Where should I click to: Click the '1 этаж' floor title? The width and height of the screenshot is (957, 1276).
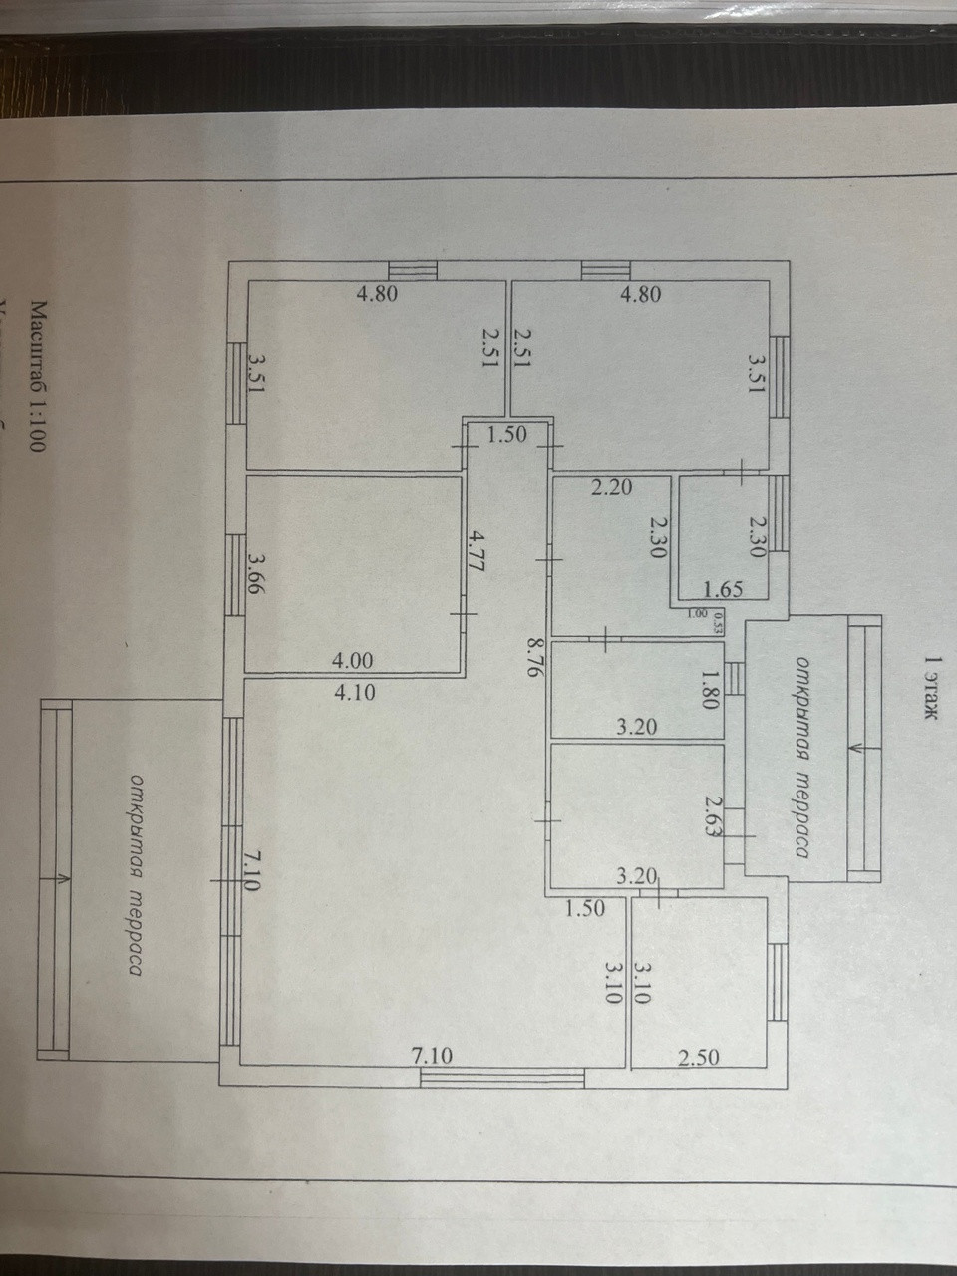(x=932, y=687)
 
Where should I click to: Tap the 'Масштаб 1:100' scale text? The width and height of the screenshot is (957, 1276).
(x=38, y=378)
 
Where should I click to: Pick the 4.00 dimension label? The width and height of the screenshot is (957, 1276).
(x=355, y=660)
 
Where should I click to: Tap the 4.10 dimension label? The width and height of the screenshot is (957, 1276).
(x=355, y=691)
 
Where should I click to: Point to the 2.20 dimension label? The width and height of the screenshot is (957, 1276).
(x=611, y=487)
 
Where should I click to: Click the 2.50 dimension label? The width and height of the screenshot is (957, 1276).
(x=698, y=1057)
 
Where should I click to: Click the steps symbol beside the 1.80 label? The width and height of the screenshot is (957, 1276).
(x=735, y=678)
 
